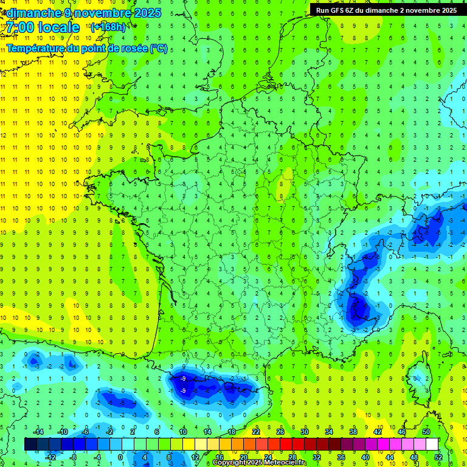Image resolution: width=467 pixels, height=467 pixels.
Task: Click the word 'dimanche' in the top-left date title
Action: (30, 13)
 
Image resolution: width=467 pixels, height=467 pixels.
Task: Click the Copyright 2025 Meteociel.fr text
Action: (260, 463)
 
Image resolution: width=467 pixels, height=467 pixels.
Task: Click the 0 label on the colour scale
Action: (120, 457)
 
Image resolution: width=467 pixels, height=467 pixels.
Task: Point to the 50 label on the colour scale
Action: (426, 432)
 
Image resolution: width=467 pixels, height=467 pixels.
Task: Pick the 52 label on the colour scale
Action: (438, 457)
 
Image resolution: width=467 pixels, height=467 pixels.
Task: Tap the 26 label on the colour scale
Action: (280, 432)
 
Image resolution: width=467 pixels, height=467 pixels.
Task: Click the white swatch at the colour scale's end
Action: (432, 445)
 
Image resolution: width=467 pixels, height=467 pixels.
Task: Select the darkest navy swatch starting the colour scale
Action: (30, 445)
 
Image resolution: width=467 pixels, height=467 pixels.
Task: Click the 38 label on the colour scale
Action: (353, 432)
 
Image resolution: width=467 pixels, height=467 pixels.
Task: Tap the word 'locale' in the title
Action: (59, 28)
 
